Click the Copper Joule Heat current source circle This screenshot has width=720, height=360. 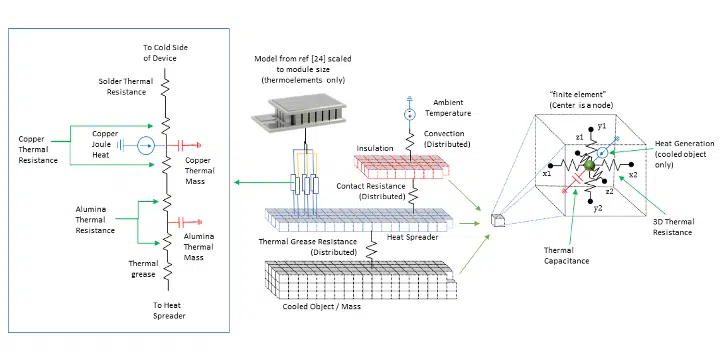point(146,146)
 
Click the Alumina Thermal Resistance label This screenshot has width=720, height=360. point(95,219)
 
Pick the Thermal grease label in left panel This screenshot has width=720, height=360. point(143,269)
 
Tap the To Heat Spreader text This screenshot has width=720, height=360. point(169,310)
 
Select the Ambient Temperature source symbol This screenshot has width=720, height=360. point(408,114)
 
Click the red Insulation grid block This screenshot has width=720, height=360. point(401,167)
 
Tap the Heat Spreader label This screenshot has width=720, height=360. point(411,237)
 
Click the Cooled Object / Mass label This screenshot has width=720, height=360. point(321,306)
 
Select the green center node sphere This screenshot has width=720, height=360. point(589,164)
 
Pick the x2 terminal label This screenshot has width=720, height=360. point(633,174)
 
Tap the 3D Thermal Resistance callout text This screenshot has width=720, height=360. point(672,227)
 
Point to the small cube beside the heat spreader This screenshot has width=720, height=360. point(498,220)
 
